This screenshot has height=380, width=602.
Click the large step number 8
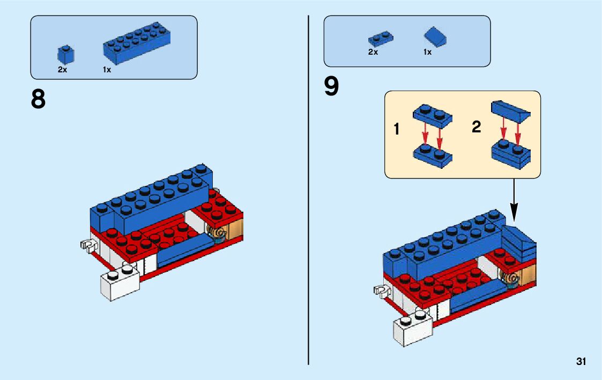38,99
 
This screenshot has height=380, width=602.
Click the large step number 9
332,86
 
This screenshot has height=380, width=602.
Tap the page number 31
581,362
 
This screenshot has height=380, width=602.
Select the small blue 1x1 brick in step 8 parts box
66,55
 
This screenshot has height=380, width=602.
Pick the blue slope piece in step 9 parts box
436,38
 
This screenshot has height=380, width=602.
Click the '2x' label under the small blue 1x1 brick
63,70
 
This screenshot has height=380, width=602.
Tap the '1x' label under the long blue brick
107,70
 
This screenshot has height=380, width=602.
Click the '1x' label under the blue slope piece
427,52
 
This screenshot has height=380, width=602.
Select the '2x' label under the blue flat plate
373,52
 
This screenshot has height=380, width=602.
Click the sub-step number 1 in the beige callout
397,129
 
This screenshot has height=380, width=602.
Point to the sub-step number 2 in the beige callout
477,127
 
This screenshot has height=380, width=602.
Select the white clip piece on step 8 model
87,245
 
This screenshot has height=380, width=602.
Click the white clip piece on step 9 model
381,291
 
